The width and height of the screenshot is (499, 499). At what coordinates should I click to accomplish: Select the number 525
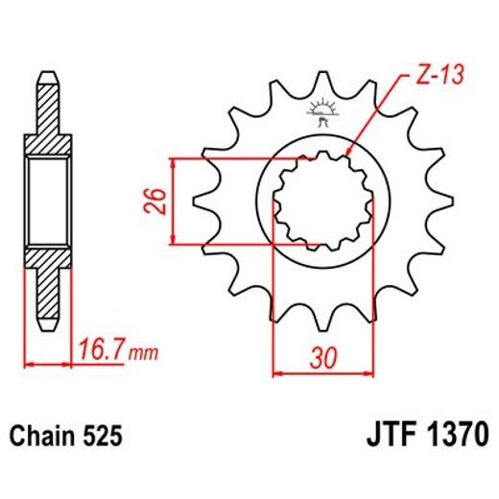pos(101,438)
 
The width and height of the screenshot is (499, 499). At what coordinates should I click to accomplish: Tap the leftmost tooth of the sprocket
pos(202,202)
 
